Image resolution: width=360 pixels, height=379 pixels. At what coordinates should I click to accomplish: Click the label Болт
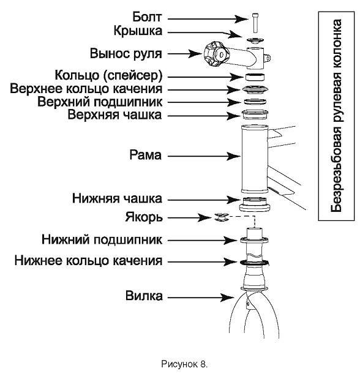147,17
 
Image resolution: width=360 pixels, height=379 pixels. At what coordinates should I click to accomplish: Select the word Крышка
138,31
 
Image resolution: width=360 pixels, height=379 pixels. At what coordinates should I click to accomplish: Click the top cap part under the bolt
255,40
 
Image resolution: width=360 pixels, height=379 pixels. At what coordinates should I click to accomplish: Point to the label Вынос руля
126,53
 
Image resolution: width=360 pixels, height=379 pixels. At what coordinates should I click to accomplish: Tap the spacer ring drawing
255,77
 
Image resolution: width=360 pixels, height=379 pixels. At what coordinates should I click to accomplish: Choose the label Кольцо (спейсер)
108,75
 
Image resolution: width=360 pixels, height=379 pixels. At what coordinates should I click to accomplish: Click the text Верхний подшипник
100,102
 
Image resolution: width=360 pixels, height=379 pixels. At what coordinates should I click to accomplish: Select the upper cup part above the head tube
255,114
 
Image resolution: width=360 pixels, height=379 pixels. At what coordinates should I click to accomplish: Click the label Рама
146,155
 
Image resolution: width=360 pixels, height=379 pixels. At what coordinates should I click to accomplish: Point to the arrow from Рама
204,156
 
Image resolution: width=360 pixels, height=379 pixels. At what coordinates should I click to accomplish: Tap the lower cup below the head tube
255,205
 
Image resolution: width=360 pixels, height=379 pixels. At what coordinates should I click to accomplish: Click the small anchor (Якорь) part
221,217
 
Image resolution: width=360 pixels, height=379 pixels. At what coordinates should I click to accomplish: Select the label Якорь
144,217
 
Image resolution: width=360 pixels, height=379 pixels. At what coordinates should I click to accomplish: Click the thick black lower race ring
255,263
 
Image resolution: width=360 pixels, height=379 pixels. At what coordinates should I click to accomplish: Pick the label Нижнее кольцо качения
88,261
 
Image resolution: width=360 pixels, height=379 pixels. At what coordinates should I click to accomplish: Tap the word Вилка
144,296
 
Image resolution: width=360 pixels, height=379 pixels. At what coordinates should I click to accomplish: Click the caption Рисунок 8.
184,364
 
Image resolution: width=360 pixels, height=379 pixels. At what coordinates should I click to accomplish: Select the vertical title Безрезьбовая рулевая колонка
336,116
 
